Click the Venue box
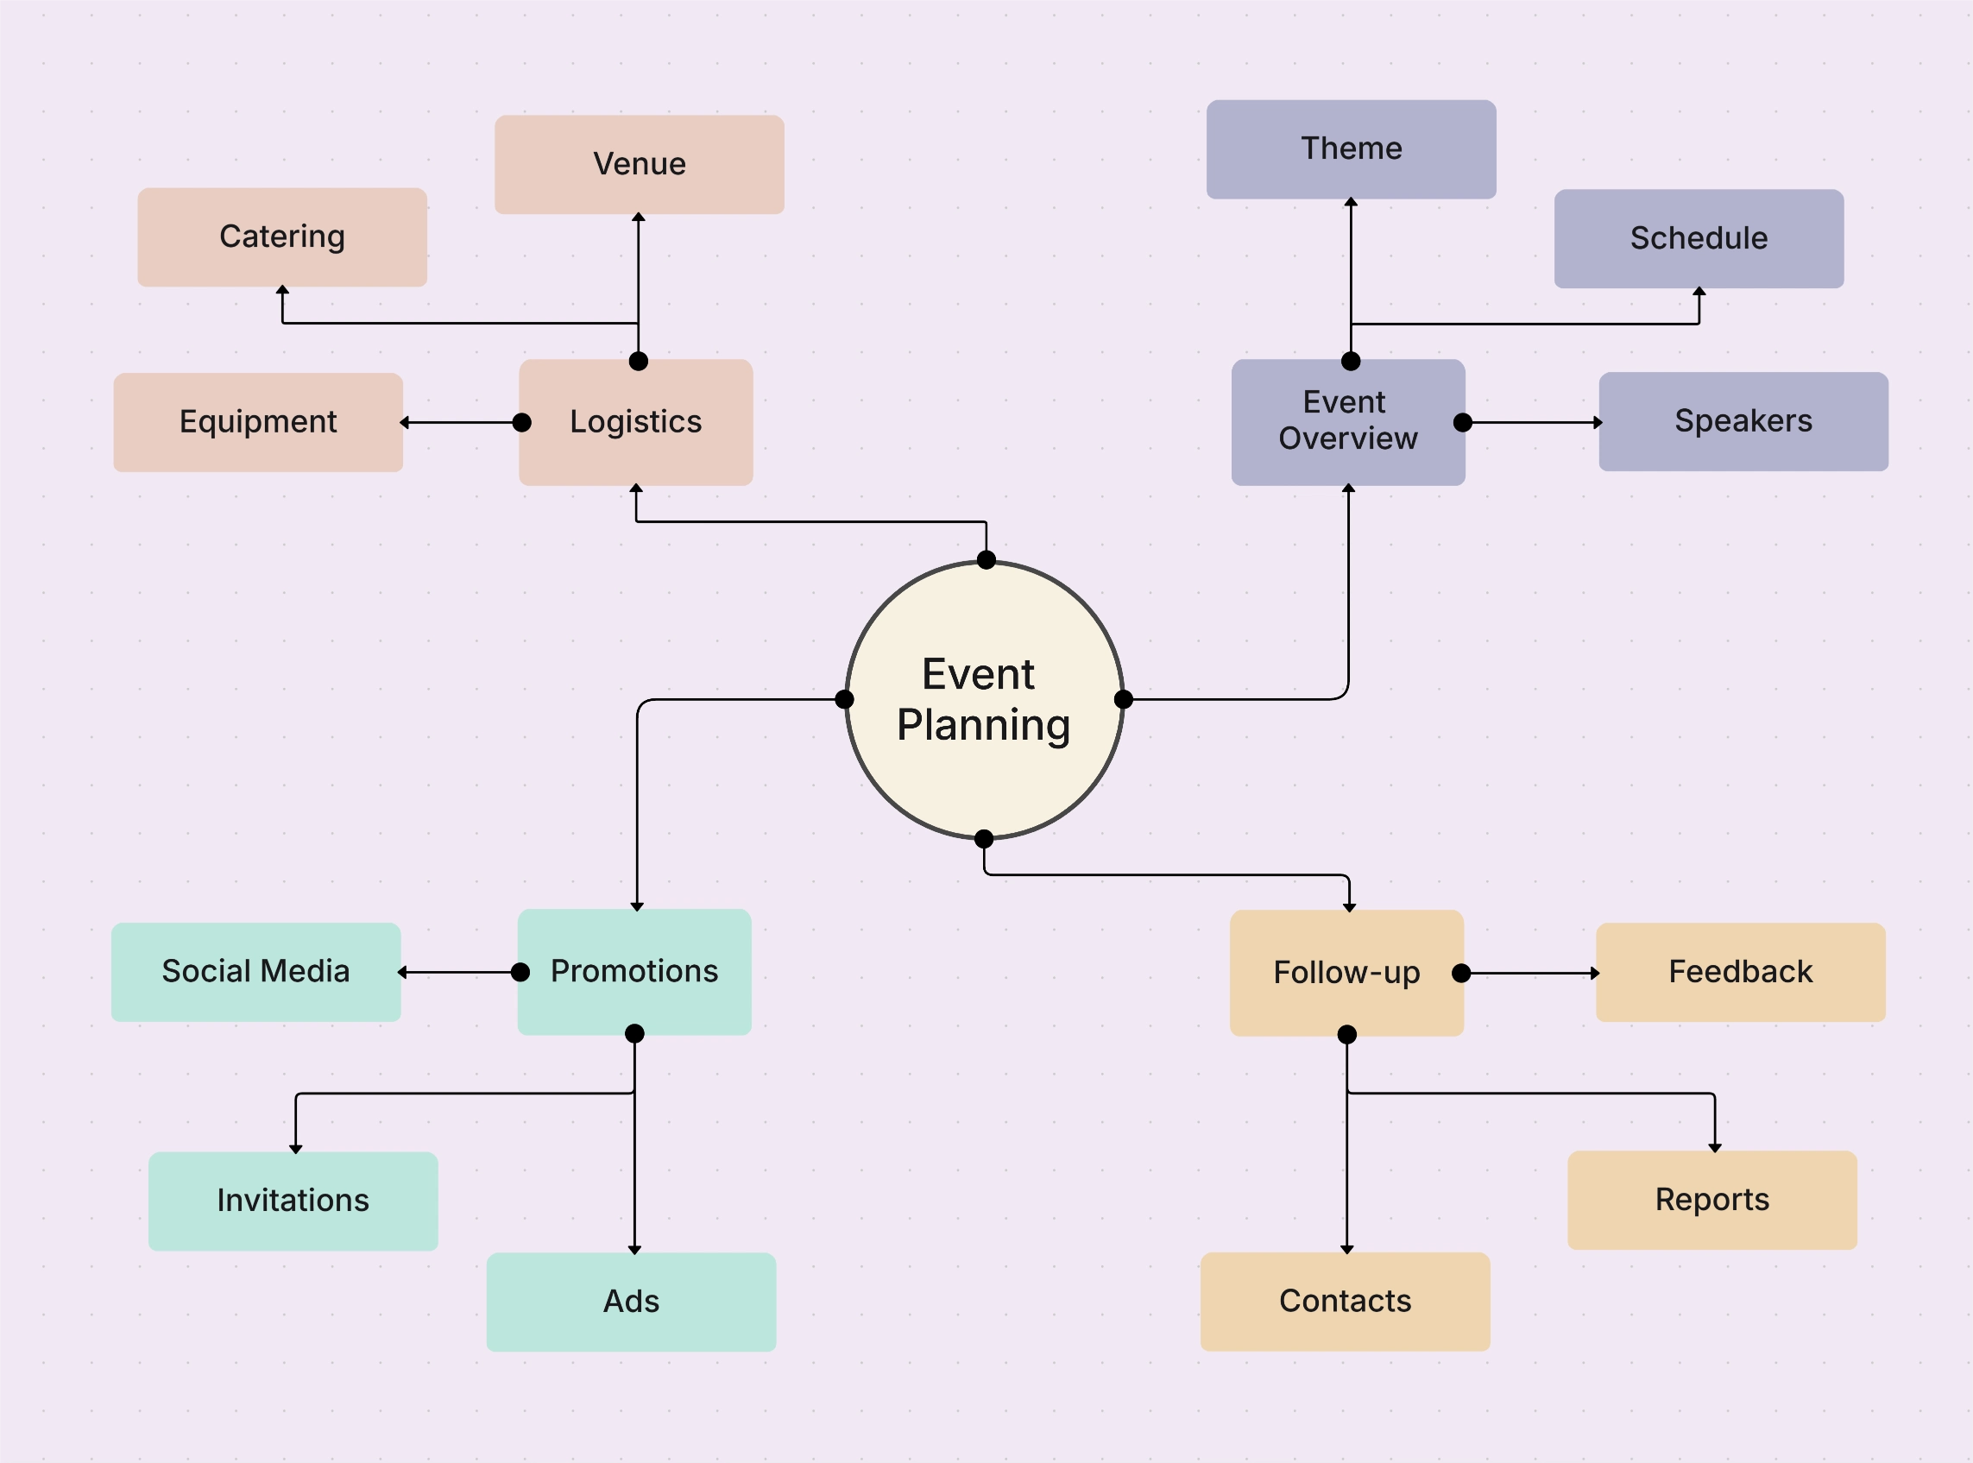[639, 165]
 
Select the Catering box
[281, 237]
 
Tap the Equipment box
[258, 422]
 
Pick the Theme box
[1351, 148]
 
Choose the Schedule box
[1698, 238]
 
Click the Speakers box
[1743, 421]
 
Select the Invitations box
[293, 1201]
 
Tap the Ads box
[631, 1301]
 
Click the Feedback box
[1740, 973]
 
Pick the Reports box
[1711, 1200]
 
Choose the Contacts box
[1345, 1301]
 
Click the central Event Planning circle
[984, 700]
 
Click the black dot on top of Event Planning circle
[986, 559]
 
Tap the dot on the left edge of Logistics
[522, 422]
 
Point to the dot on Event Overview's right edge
[1462, 422]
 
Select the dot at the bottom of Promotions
[634, 1033]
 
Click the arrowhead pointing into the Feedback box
[1594, 974]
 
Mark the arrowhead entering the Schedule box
[1699, 293]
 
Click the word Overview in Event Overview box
[1347, 439]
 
